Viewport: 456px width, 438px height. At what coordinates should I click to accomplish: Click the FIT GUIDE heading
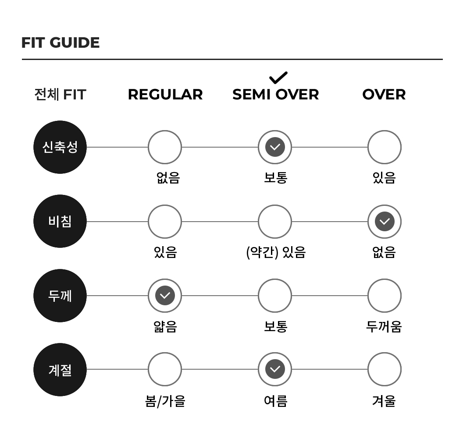click(61, 42)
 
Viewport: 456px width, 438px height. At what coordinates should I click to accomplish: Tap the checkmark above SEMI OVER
click(278, 78)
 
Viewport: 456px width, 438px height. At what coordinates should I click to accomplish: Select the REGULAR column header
click(165, 95)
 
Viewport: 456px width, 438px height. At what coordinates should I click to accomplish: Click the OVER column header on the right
click(384, 95)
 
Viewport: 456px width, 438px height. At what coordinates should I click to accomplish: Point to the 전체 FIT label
click(60, 95)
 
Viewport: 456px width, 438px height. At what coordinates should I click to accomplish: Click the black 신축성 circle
click(60, 147)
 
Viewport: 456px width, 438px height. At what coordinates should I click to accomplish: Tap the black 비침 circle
click(60, 221)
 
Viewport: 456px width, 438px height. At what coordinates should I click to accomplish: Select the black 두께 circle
click(60, 296)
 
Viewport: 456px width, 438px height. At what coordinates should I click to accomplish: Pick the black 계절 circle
click(60, 370)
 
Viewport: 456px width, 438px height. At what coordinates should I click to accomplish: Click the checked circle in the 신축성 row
click(275, 147)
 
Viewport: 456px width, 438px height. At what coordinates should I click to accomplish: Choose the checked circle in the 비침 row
click(385, 222)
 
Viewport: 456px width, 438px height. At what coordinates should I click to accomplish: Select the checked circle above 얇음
click(165, 296)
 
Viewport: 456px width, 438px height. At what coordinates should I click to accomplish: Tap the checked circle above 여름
click(275, 369)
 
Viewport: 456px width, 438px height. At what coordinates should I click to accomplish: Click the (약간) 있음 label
click(276, 252)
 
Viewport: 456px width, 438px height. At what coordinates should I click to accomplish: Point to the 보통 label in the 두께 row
click(276, 326)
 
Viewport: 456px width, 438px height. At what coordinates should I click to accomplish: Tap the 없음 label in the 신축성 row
click(168, 178)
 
